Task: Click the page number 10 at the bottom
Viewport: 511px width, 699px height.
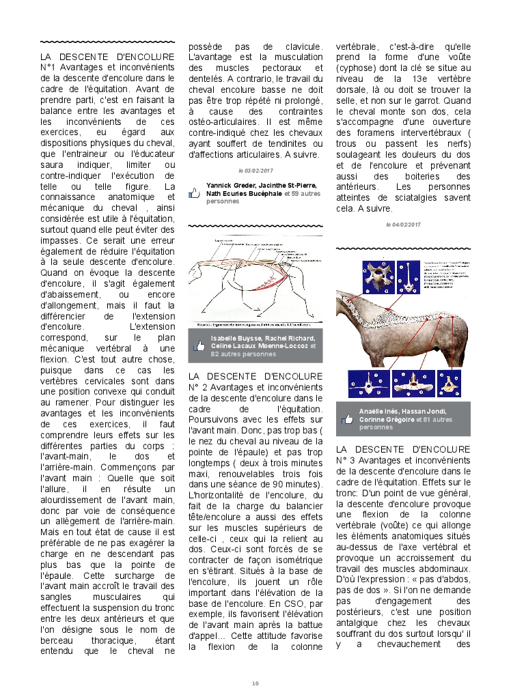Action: click(x=255, y=683)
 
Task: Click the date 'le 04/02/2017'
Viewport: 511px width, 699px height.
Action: click(x=403, y=224)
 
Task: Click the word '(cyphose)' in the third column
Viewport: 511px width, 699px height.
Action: click(x=358, y=69)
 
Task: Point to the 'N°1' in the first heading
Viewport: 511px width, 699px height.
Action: click(x=51, y=67)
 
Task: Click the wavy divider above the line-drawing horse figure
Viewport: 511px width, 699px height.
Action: click(x=255, y=225)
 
